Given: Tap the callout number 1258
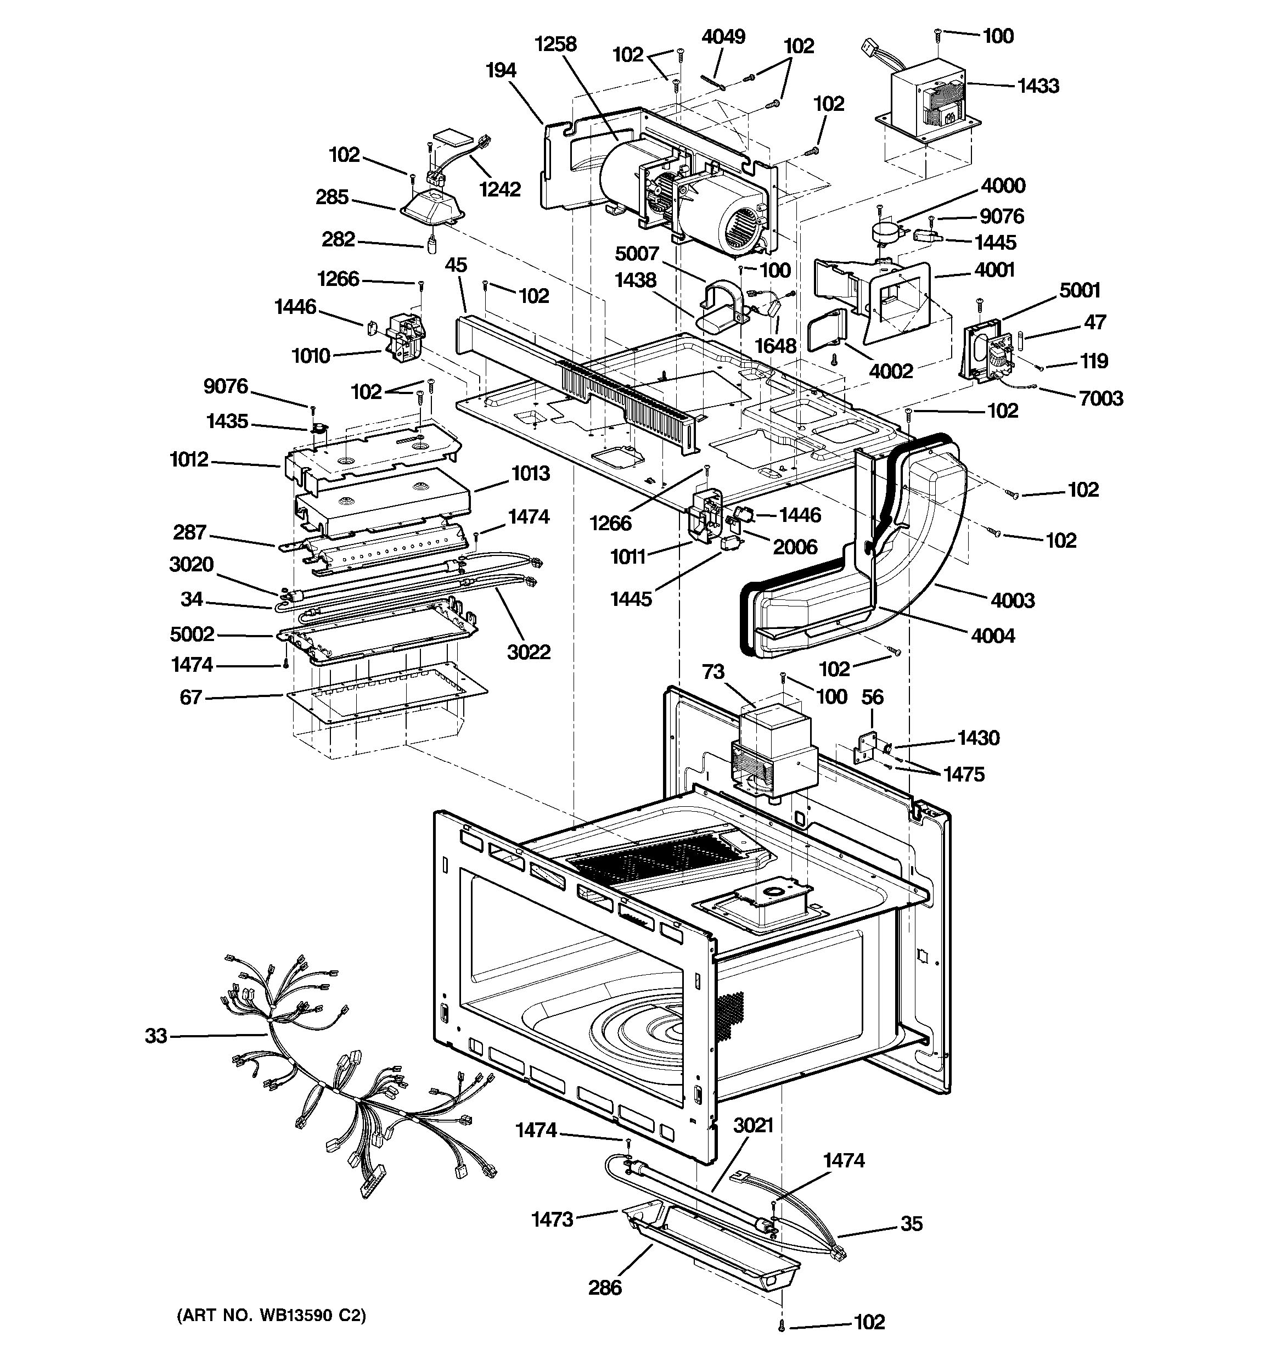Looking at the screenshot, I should (555, 44).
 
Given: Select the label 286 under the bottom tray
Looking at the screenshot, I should (605, 1287).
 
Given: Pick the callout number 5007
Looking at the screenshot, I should (637, 254).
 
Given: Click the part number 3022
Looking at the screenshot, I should (529, 652).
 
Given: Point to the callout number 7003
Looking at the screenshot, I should (1101, 398).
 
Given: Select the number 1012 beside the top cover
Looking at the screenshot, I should (189, 460).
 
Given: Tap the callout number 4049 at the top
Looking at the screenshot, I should (723, 36).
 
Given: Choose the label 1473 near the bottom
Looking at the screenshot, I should (552, 1219).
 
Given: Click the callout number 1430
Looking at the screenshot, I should (978, 738).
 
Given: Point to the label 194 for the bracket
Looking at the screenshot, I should (501, 70).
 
